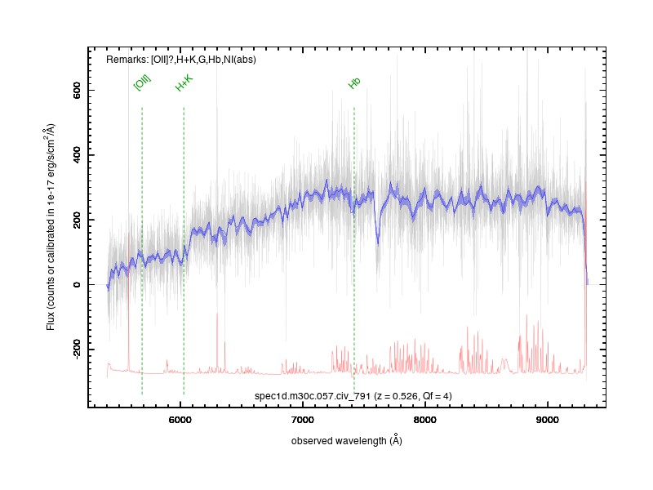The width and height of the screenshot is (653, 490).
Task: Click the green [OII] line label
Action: (x=142, y=83)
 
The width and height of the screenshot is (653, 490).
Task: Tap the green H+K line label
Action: (x=184, y=83)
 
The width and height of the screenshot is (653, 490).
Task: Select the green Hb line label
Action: (x=354, y=83)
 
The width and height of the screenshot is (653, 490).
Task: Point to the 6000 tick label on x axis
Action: (x=180, y=420)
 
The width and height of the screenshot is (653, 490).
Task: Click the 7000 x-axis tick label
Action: (x=302, y=420)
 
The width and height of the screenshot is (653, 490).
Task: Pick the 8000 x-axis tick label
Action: (x=424, y=420)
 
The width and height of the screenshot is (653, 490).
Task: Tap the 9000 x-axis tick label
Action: (x=547, y=420)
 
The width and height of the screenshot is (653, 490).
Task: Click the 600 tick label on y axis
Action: (x=77, y=90)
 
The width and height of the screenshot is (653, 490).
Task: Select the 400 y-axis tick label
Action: (x=77, y=155)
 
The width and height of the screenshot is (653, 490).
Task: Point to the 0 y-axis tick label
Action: (x=77, y=284)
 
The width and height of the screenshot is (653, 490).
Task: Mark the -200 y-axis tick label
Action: (x=77, y=350)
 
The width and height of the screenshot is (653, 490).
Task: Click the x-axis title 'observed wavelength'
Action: (x=339, y=441)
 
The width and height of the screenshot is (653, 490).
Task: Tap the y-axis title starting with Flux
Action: (x=51, y=227)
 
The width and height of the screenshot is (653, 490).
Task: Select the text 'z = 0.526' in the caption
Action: (x=397, y=396)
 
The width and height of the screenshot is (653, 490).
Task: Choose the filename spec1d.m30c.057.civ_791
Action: (x=313, y=396)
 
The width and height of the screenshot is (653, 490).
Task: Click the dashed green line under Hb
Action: (x=354, y=250)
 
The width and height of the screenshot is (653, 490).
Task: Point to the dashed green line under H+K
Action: (x=184, y=250)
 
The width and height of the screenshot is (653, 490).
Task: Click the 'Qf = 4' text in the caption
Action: (x=436, y=396)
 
